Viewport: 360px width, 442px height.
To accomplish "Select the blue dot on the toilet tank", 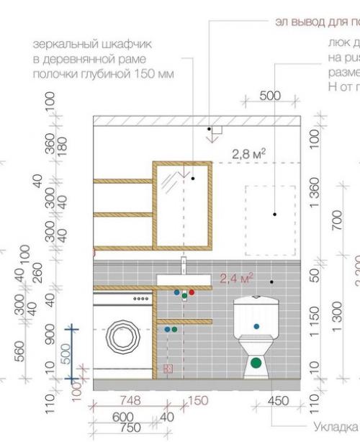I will (x=256, y=326).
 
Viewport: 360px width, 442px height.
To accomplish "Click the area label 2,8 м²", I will (x=249, y=153).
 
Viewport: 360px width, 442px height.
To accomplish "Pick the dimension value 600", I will (x=123, y=416).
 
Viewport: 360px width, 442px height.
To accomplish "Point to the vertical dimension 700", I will (x=338, y=220).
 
